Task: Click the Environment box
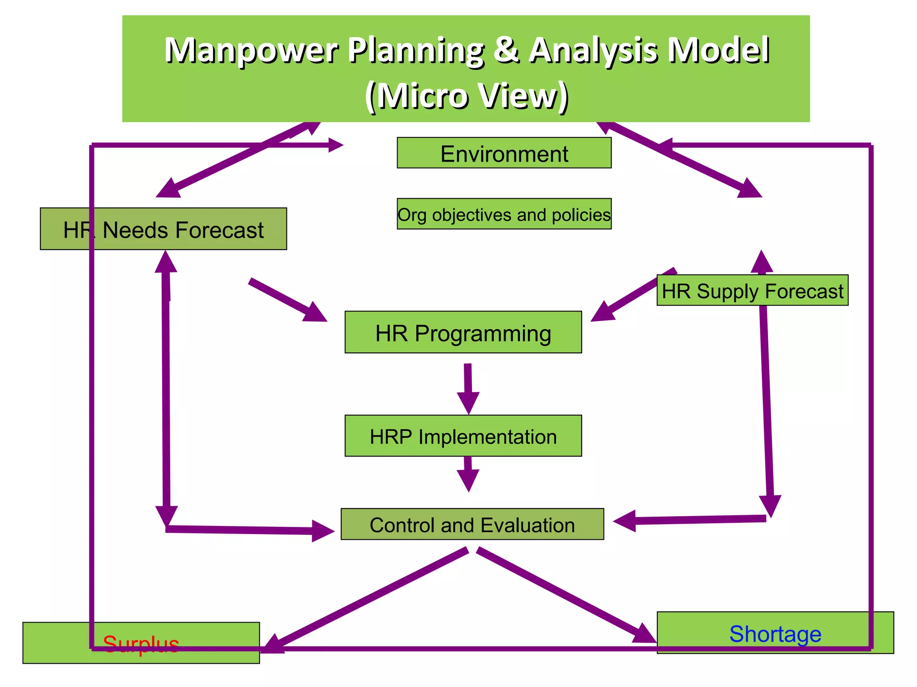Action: (x=504, y=153)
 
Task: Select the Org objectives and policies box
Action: (x=504, y=214)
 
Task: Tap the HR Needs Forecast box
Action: (x=163, y=229)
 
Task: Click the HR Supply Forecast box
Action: (x=752, y=291)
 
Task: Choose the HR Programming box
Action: (x=463, y=333)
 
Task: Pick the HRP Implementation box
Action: (x=463, y=436)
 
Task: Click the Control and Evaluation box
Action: (x=472, y=524)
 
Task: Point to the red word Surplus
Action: (x=141, y=644)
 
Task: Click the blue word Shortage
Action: (x=775, y=634)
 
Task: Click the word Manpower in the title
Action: (x=251, y=50)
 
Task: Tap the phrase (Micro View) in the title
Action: (x=466, y=95)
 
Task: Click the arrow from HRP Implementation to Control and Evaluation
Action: (x=468, y=474)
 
